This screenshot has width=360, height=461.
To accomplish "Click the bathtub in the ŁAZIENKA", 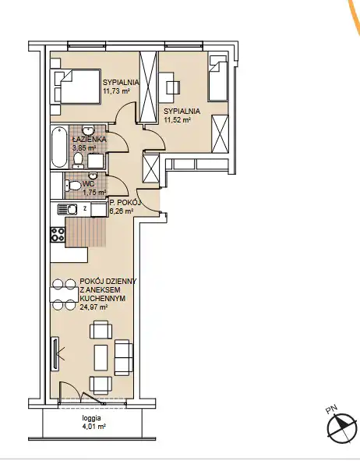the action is click(x=59, y=147).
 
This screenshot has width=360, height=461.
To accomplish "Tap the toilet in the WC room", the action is click(x=72, y=186).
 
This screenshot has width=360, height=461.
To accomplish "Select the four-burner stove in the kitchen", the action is click(x=58, y=235).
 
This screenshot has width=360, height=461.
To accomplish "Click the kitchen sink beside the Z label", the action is click(x=68, y=209).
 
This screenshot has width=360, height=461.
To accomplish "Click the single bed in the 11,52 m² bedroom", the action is click(x=218, y=79).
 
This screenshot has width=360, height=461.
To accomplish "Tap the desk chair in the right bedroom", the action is click(x=173, y=87).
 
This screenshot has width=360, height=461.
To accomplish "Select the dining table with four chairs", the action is click(x=64, y=294).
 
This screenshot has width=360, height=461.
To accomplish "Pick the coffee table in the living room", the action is click(x=101, y=358).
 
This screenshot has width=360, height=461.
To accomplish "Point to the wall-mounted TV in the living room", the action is click(x=55, y=353).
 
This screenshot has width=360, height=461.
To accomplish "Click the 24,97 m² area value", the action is click(x=93, y=307).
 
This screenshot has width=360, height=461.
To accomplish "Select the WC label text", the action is click(x=88, y=184).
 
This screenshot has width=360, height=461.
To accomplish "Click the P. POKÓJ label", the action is click(x=125, y=202).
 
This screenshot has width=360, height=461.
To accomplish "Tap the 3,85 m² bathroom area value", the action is click(x=85, y=148).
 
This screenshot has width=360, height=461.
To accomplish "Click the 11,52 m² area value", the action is click(x=178, y=119).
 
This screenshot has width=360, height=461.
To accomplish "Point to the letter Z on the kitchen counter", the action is click(x=85, y=209).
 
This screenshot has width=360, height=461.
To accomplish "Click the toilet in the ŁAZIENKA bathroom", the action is click(x=78, y=160).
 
